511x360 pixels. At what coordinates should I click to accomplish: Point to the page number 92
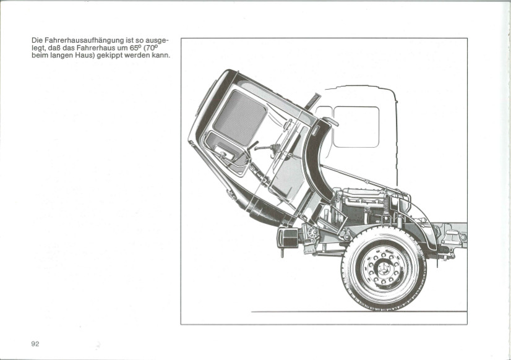(35, 344)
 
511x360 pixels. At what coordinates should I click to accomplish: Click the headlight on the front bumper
(288, 237)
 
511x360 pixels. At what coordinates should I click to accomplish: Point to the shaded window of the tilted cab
(240, 118)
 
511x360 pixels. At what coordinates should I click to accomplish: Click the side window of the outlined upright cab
(356, 126)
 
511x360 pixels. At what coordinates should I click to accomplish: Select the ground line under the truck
(359, 312)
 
